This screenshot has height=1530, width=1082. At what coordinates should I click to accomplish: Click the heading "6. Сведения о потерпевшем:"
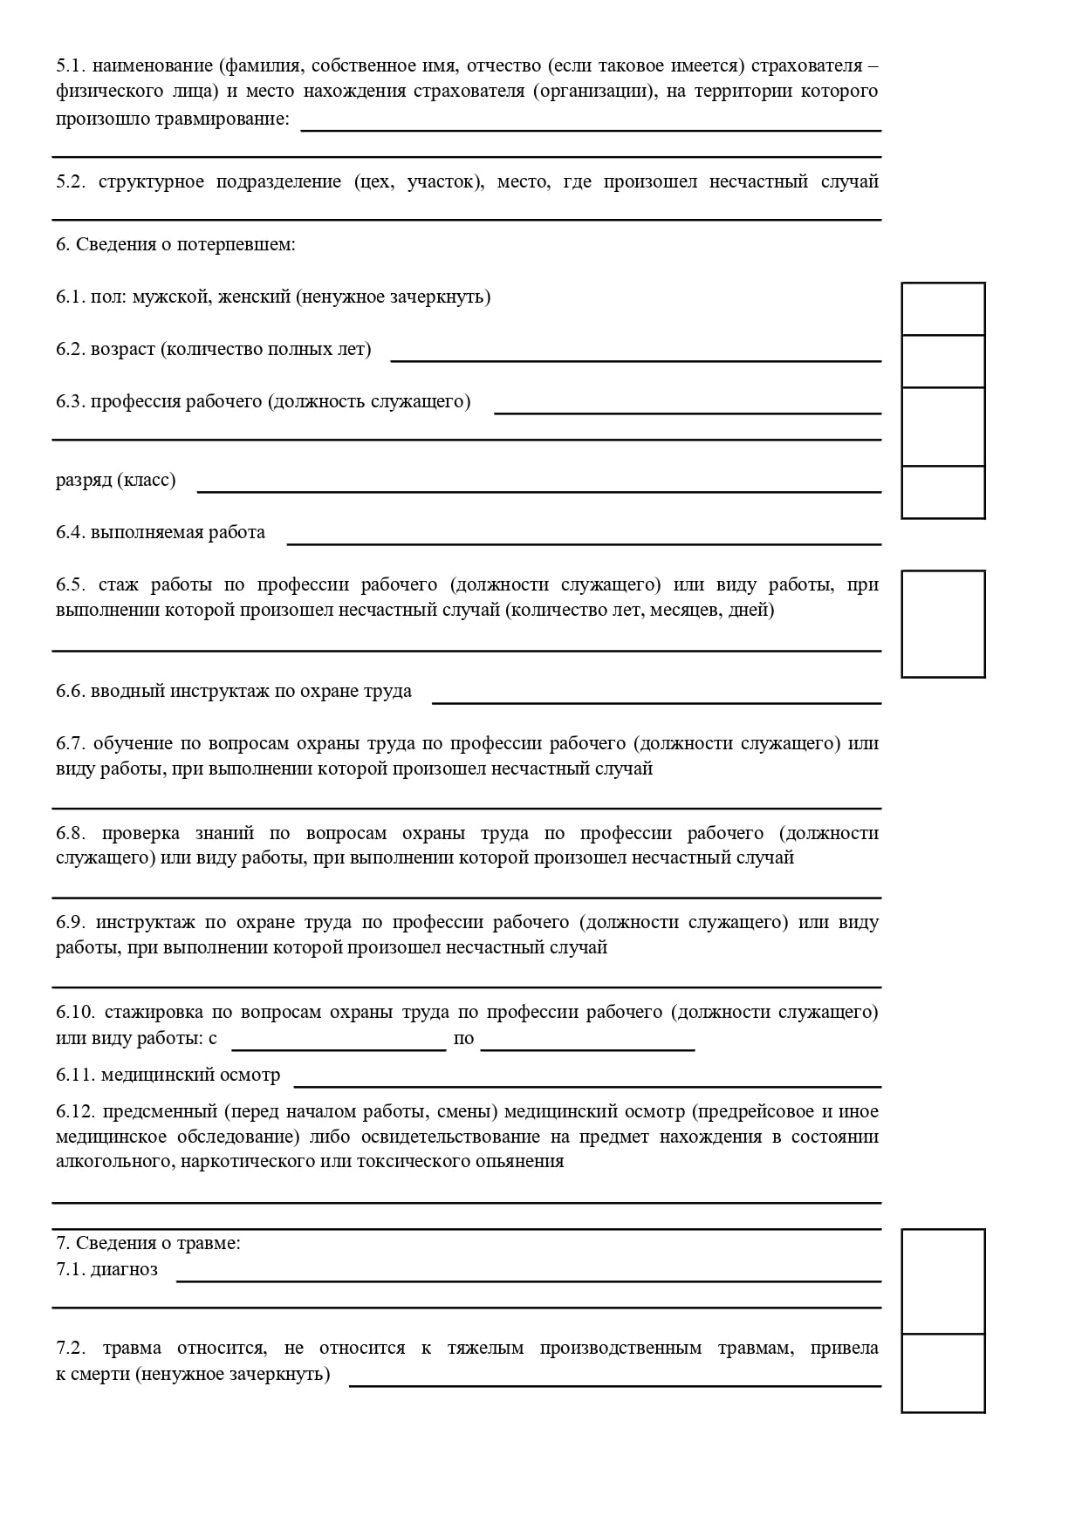[175, 244]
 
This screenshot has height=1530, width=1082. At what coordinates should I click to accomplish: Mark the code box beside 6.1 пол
[942, 309]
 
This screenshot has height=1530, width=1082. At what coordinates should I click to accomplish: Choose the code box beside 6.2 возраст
[942, 361]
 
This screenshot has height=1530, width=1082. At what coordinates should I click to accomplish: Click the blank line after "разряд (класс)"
[538, 489]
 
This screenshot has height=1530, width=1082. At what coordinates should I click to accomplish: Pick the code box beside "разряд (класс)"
[942, 492]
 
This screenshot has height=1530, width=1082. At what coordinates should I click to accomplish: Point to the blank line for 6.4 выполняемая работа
[584, 542]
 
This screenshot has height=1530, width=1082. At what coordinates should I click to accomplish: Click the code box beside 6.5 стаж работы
[942, 624]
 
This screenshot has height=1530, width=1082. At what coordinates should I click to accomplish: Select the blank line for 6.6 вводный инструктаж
[656, 700]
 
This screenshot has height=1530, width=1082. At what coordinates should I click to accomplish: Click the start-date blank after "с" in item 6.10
[339, 1048]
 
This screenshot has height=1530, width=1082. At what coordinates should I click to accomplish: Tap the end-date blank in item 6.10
[587, 1048]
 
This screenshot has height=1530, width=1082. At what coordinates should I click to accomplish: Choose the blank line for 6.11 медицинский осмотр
[587, 1084]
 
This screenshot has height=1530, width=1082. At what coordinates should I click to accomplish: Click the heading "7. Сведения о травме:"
[148, 1243]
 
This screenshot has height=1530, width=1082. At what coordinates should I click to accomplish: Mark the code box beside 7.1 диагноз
[942, 1281]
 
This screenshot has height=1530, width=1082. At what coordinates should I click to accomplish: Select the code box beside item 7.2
[942, 1373]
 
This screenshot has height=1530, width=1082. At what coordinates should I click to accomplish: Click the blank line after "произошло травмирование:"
[591, 128]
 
